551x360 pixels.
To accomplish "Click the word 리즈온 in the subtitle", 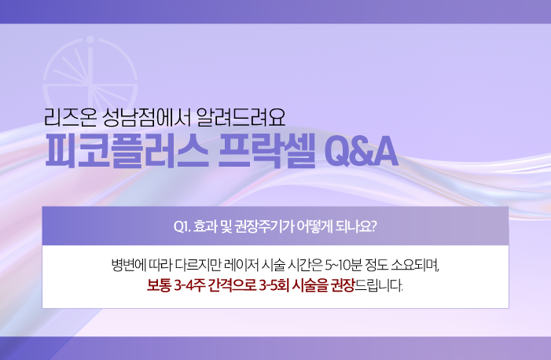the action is (70, 117).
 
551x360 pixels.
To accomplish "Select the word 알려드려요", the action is (241, 117).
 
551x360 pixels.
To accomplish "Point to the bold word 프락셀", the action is (266, 152).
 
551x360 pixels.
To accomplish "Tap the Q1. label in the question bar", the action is (182, 226).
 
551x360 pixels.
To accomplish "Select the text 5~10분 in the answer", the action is (343, 265).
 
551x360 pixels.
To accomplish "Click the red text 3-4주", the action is (189, 285).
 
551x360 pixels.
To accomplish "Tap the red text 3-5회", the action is (274, 285).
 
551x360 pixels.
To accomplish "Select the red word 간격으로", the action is (232, 285).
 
